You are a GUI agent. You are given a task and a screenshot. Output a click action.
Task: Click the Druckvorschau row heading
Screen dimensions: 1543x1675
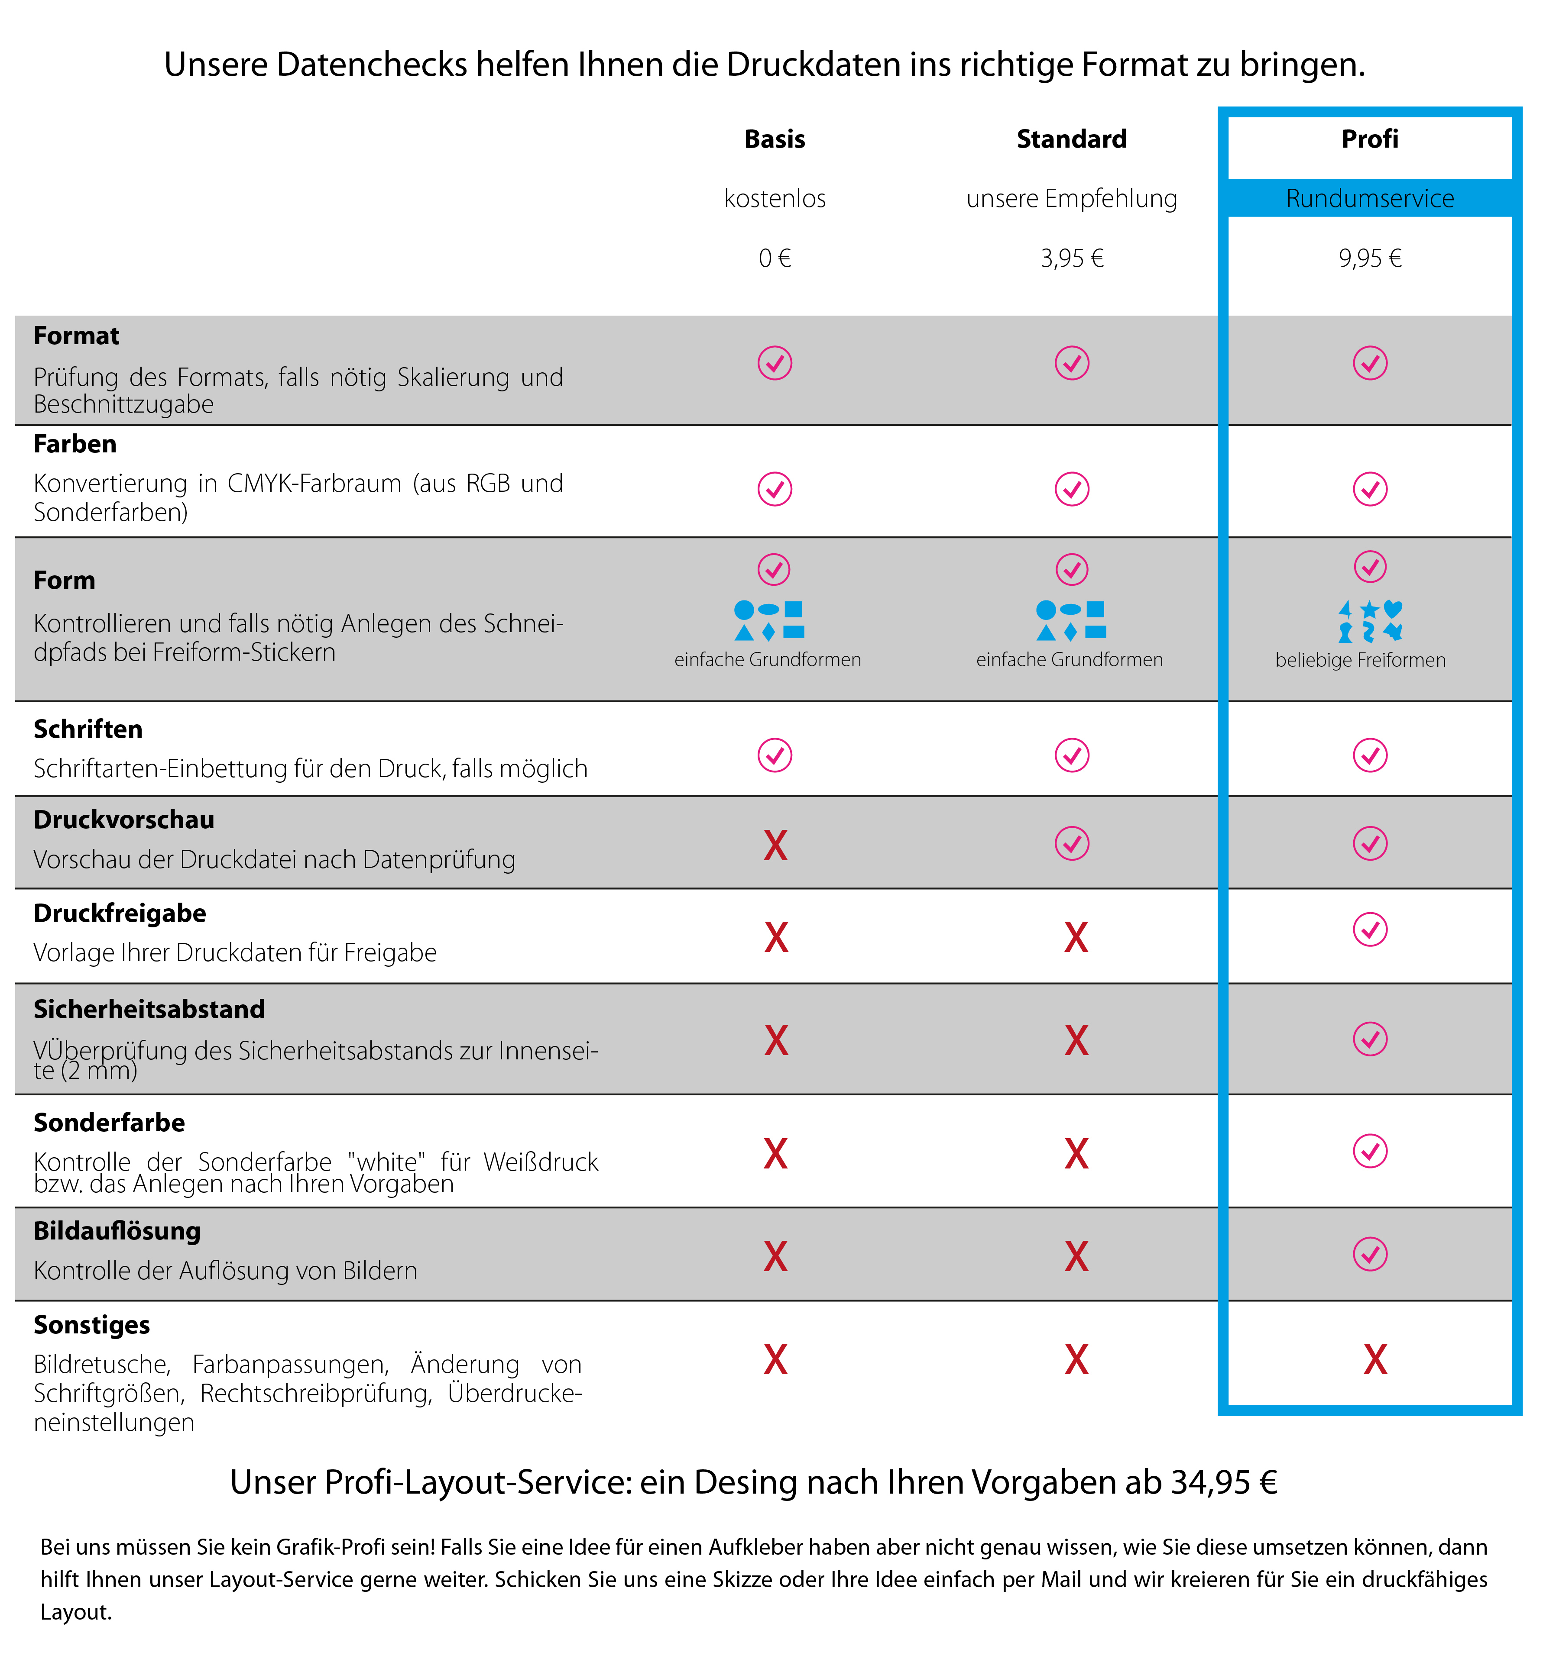123,820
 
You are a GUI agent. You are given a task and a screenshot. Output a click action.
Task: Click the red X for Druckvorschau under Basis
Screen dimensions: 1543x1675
775,846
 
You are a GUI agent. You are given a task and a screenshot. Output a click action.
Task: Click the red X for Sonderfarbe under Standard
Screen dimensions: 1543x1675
1076,1154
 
